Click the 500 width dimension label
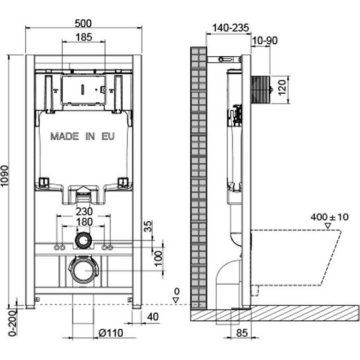[83, 23]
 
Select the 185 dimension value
[84, 37]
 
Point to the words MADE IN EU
[83, 136]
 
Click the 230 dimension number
[85, 211]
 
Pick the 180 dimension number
[85, 222]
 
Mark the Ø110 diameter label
[111, 333]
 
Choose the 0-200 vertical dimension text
[13, 323]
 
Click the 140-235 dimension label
[231, 28]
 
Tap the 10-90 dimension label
[265, 41]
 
